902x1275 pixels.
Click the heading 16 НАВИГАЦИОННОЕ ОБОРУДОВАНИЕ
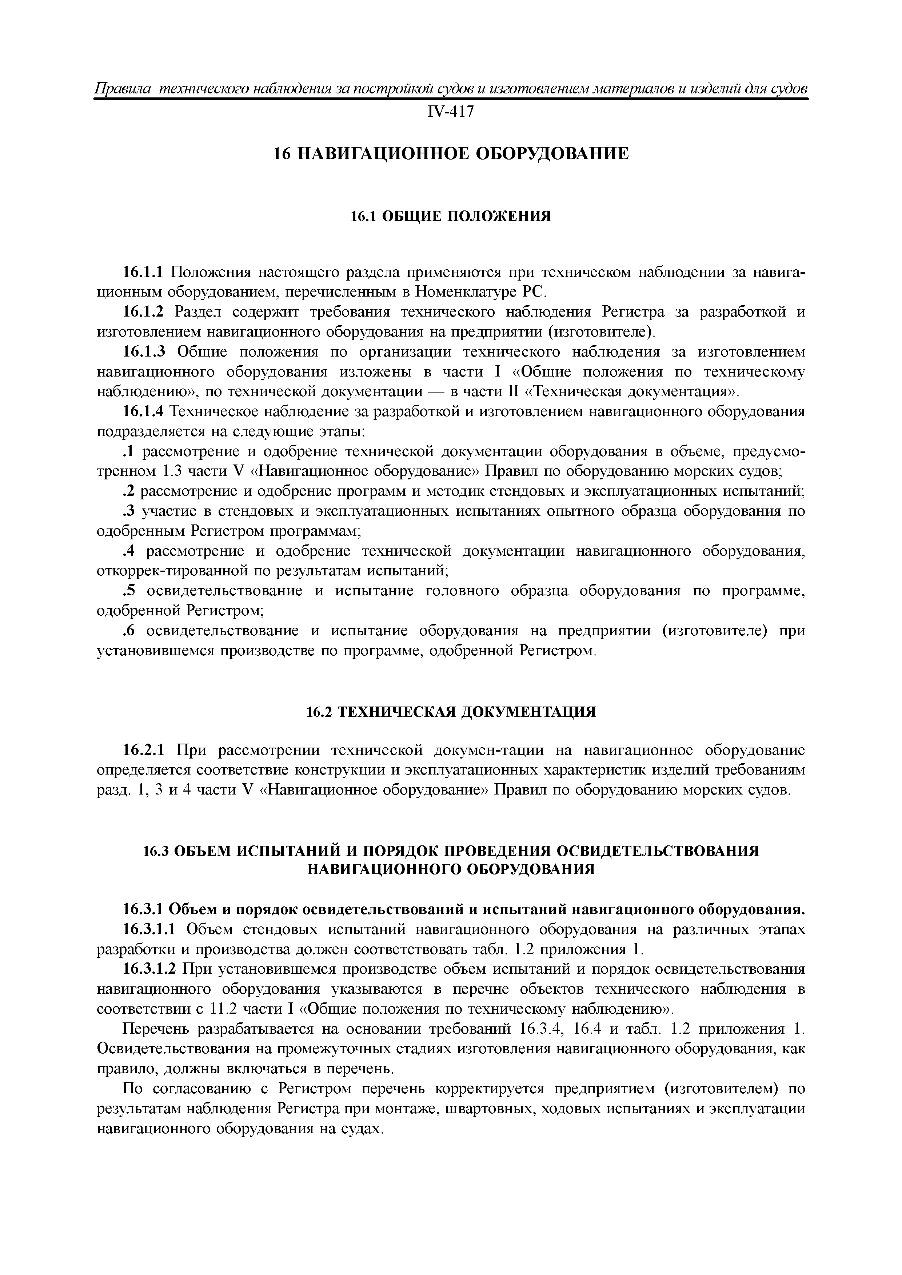(x=451, y=154)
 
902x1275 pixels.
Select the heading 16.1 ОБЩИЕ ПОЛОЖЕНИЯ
(x=451, y=216)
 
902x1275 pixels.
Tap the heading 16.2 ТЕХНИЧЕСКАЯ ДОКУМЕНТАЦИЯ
(x=451, y=712)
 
